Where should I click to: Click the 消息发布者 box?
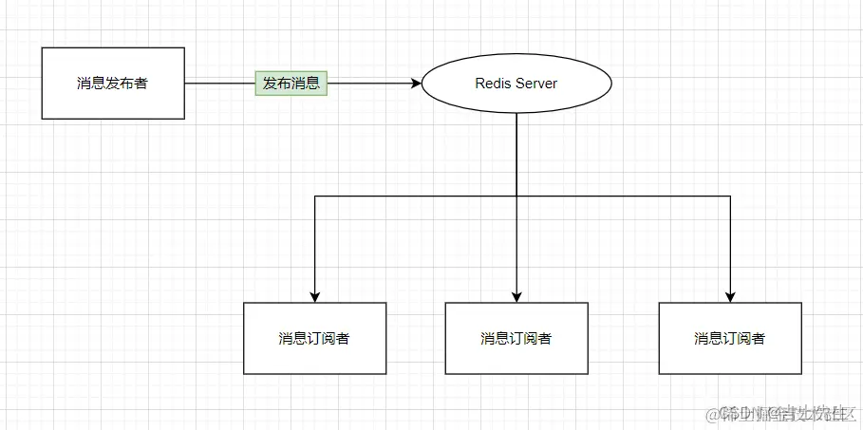(113, 84)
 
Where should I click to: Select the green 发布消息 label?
(291, 84)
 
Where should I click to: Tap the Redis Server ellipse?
(516, 84)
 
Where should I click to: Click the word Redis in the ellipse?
(493, 84)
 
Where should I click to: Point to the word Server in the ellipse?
(537, 84)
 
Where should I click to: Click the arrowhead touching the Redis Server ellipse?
(416, 84)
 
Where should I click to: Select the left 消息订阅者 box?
(314, 338)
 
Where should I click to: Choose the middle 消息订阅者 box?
(516, 338)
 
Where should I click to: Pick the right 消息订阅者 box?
(730, 338)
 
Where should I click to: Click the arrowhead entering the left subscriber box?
(314, 296)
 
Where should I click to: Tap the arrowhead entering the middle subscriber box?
(516, 296)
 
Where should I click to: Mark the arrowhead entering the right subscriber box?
(730, 296)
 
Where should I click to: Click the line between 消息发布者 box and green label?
(219, 84)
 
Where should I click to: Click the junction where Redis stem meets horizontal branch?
(516, 196)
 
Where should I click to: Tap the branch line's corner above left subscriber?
(314, 196)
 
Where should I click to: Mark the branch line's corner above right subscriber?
(730, 196)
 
